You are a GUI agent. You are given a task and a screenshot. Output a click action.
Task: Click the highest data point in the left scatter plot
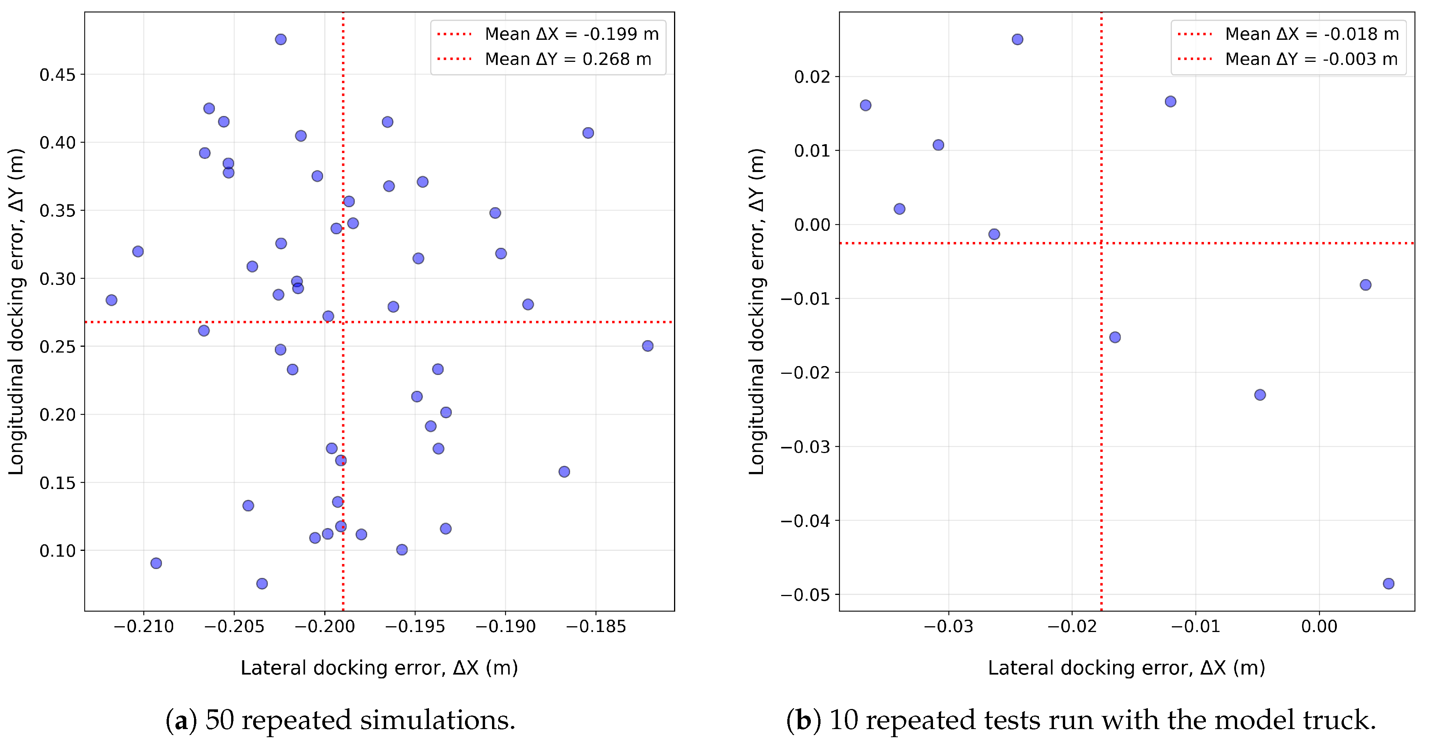click(x=281, y=39)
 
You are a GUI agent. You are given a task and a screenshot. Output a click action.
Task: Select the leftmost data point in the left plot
click(x=111, y=300)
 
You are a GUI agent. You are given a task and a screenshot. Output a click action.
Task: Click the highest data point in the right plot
click(x=1017, y=39)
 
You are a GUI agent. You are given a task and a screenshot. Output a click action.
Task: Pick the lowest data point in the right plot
click(x=1388, y=583)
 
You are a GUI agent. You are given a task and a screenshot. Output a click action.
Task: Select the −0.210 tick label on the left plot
click(x=143, y=627)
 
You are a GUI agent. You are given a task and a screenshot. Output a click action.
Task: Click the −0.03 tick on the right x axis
click(x=948, y=627)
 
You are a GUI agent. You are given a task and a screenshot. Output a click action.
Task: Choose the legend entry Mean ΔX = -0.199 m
click(x=571, y=34)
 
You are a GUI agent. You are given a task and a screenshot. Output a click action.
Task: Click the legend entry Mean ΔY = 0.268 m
click(x=568, y=60)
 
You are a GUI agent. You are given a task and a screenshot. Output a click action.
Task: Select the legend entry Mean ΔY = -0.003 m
click(x=1311, y=60)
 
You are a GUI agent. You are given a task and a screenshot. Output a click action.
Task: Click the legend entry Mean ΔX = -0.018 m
click(x=1311, y=34)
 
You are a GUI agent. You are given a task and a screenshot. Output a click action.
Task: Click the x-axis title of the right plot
click(x=1126, y=668)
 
